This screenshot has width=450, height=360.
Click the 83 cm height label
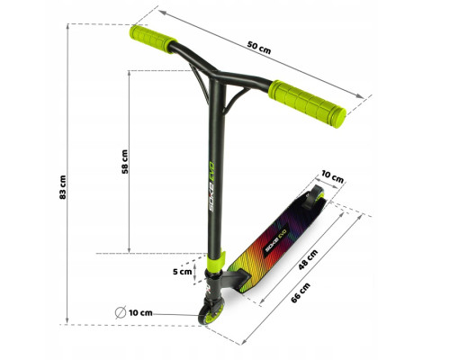pyautogui.click(x=63, y=187)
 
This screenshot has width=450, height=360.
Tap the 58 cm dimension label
pyautogui.click(x=125, y=162)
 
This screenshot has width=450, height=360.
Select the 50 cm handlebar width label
pyautogui.click(x=259, y=48)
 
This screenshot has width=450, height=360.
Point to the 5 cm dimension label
pyautogui.click(x=182, y=272)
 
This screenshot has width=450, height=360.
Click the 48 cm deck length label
pyautogui.click(x=308, y=260)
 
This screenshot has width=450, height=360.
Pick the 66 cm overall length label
pyautogui.click(x=301, y=292)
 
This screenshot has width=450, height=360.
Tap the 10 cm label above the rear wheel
pyautogui.click(x=332, y=176)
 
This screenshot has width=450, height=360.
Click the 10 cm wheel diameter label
pyautogui.click(x=140, y=313)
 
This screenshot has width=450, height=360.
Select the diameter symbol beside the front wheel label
pyautogui.click(x=121, y=312)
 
